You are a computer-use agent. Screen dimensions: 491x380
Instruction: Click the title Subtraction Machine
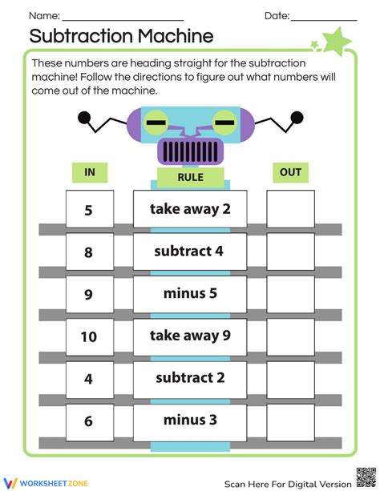(x=121, y=36)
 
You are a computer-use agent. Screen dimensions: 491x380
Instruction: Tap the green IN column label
(x=89, y=172)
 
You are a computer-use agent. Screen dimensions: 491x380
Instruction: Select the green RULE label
(x=190, y=177)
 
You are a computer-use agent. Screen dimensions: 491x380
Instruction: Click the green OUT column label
(x=290, y=172)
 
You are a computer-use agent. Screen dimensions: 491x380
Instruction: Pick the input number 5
(x=89, y=211)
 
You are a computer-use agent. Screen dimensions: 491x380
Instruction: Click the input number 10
(x=89, y=336)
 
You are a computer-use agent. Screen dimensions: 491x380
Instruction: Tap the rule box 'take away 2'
(x=190, y=209)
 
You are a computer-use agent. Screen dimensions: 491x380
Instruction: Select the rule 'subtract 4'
(x=190, y=251)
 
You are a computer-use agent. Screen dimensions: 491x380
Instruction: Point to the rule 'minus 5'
(x=190, y=293)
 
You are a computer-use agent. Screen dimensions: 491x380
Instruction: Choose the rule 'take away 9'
(x=190, y=336)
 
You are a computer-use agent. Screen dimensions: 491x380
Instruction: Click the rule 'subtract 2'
(x=190, y=377)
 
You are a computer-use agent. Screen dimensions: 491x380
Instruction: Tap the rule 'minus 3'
(x=190, y=419)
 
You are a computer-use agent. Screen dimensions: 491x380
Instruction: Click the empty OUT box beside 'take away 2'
(x=290, y=210)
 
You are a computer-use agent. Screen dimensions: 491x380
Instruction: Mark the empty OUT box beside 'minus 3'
(x=290, y=421)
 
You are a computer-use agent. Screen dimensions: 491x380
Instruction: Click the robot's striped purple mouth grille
(x=190, y=150)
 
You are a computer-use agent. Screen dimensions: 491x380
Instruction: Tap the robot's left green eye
(x=157, y=123)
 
